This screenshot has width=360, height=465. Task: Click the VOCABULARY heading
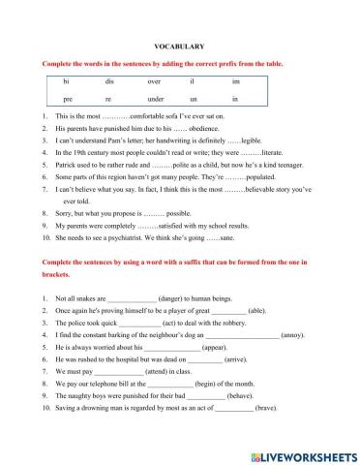[x=180, y=46]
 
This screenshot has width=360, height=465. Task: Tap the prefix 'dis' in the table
[x=109, y=82]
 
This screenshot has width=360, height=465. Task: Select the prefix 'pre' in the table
[x=67, y=100]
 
